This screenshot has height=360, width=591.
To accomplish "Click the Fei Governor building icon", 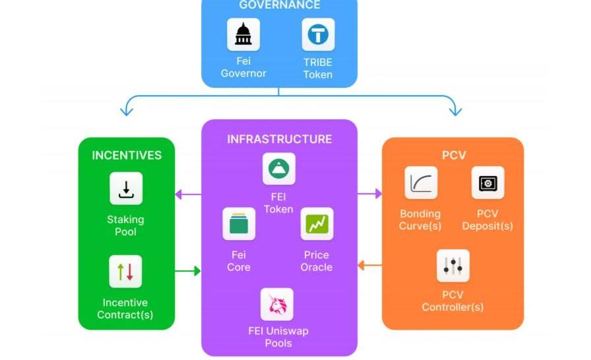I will point(243,34).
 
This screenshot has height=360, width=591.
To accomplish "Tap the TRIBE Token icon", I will point(318,34).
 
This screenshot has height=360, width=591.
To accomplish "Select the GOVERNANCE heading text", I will point(279,5).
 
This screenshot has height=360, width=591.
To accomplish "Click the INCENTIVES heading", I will point(127,156).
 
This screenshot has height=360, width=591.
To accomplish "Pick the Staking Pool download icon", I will point(126,189).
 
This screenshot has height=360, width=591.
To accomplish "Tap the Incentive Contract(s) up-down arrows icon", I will point(125,272).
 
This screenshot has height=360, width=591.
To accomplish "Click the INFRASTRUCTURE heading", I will point(279,139).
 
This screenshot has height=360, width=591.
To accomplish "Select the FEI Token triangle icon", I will point(278,169).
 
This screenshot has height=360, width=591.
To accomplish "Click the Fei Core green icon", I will point(238,224).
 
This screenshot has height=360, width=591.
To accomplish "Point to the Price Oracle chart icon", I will point(317,224).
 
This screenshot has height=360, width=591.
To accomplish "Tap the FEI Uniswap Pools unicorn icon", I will point(277,305).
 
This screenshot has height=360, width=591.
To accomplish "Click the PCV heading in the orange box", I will point(453,156).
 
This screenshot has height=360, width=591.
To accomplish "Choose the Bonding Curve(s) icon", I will point(421,183).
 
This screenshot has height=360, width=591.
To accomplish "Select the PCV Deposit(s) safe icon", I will point(488,183).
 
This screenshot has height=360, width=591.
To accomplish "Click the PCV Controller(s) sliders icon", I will point(453,266).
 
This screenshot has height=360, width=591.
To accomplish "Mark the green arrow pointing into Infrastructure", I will point(189,270).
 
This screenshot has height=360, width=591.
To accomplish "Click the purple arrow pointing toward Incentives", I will point(187,194).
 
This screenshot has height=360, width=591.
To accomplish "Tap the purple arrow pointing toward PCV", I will point(370,194).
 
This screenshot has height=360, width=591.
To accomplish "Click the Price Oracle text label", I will point(317,261).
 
